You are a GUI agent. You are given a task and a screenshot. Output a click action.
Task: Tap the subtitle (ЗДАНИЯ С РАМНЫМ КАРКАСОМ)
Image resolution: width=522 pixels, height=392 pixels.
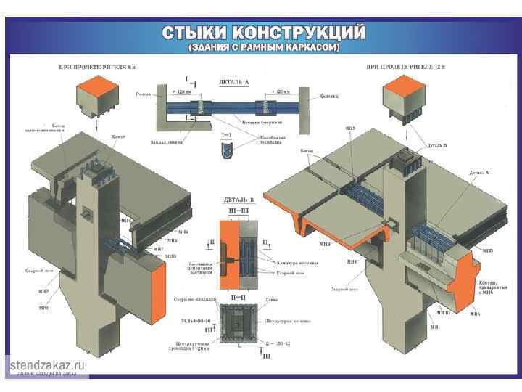264,48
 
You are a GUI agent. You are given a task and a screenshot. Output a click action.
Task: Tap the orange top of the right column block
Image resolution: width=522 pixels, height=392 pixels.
405,88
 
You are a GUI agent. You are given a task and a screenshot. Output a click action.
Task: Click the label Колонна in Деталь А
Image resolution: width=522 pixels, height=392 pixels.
322,94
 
